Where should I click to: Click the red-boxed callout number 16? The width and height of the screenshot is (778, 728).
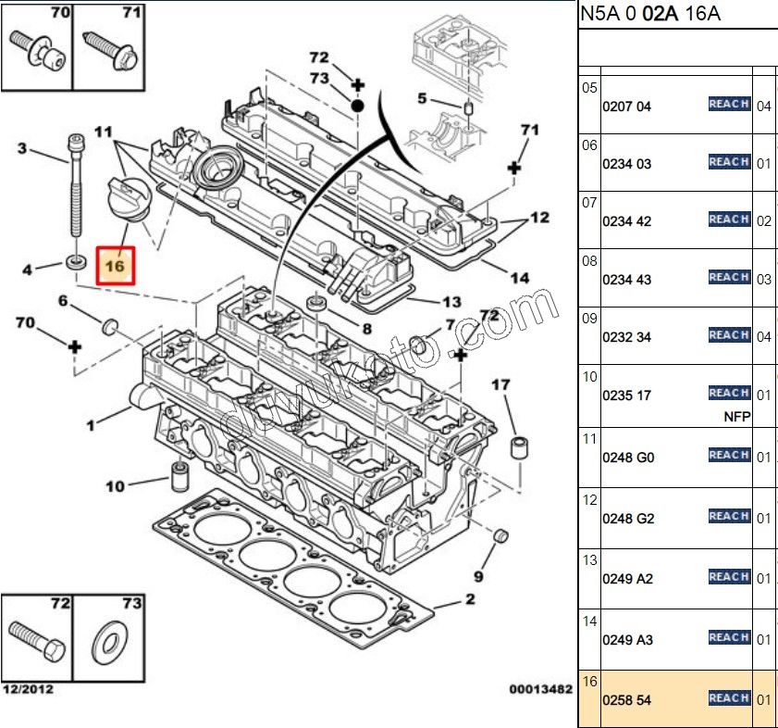pos(116,266)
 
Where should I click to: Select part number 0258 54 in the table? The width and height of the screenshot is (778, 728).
pos(626,700)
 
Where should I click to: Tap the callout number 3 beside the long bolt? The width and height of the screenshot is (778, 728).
pos(23,149)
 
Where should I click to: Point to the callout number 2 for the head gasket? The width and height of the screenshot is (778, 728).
pos(470,600)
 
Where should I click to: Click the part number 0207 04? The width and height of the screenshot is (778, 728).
pos(626,107)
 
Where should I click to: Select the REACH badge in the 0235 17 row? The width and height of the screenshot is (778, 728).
pos(729,393)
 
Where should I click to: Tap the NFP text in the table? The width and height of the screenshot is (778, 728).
pos(736,417)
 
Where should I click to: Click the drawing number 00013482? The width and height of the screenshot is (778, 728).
pos(540,689)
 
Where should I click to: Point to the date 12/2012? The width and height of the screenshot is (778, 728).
pos(28,689)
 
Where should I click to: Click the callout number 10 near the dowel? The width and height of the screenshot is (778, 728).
pos(115,486)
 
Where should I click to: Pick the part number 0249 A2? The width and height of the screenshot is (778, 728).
pos(627,579)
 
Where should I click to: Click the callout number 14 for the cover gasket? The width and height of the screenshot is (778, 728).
pos(519,277)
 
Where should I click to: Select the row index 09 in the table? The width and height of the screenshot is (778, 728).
pos(589,319)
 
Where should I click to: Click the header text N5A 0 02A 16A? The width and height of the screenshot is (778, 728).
pos(650,14)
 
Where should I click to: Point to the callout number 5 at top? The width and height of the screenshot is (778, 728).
pos(422,98)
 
